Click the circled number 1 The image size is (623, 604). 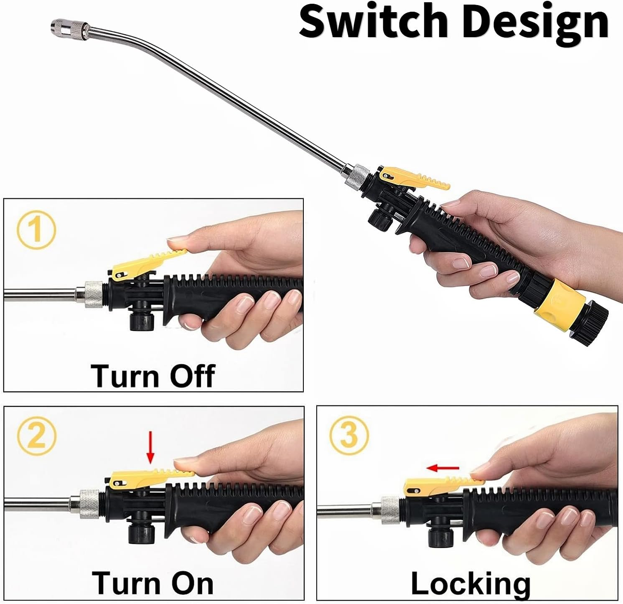pyautogui.click(x=36, y=230)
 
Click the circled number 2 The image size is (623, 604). pyautogui.click(x=36, y=437)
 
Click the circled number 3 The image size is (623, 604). pyautogui.click(x=349, y=434)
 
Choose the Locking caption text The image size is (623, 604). pyautogui.click(x=470, y=583)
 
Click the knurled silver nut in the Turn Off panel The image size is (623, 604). pyautogui.click(x=94, y=294)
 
